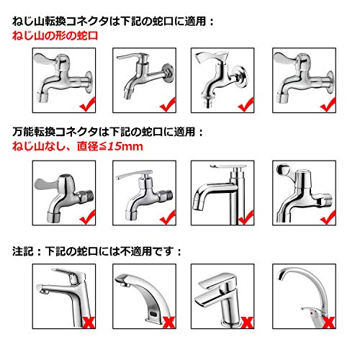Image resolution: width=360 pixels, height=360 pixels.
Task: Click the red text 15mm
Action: [x=125, y=146]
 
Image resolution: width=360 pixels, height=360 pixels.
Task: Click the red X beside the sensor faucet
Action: [x=169, y=323]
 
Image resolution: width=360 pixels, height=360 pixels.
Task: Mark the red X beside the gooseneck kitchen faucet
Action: [x=329, y=323]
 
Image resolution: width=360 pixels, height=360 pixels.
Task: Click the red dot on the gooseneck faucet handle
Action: [x=312, y=313]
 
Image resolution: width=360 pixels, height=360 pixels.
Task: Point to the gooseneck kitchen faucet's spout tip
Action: [x=279, y=277]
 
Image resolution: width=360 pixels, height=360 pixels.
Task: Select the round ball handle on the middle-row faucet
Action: [x=283, y=169]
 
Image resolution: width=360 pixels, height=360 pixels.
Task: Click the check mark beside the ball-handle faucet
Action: [x=328, y=217]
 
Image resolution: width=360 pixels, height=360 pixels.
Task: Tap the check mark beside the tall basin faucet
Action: [x=246, y=217]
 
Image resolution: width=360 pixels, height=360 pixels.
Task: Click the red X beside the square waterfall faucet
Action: [x=248, y=323]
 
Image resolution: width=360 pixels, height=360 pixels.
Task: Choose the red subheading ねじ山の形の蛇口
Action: [x=55, y=36]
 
